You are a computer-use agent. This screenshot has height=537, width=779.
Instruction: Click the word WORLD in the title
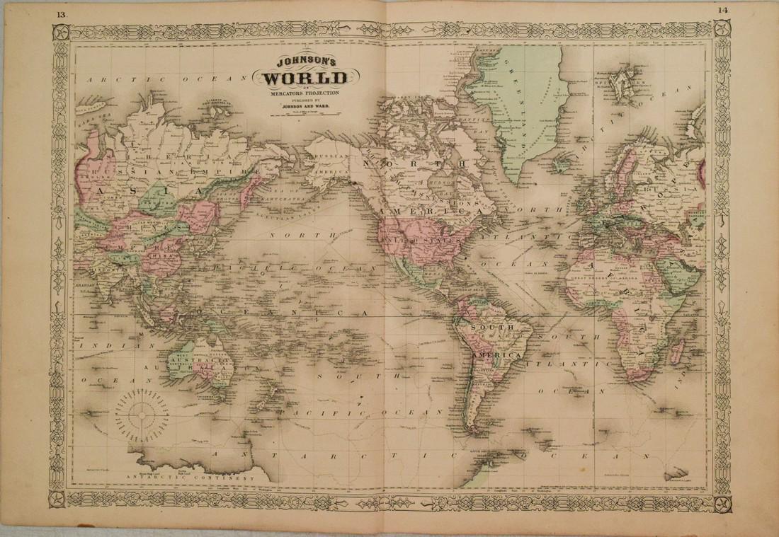[x=305, y=78]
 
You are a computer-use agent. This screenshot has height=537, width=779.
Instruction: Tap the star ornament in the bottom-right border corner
[x=722, y=504]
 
